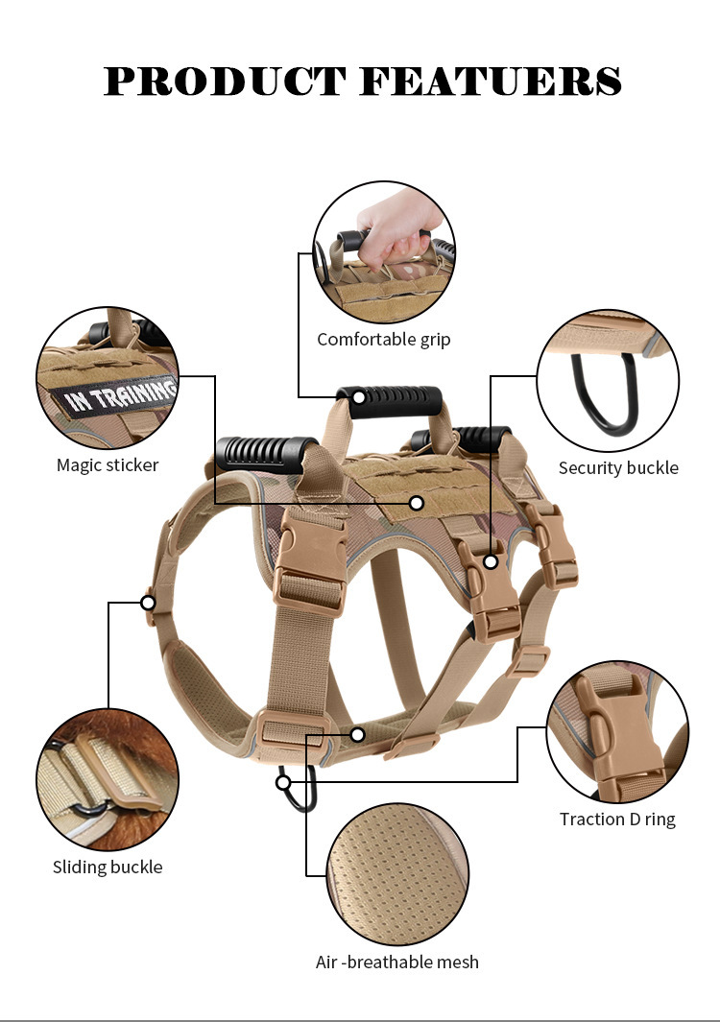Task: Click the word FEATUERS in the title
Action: pyautogui.click(x=491, y=82)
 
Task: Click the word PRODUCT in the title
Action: pyautogui.click(x=226, y=82)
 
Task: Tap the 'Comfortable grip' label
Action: pyautogui.click(x=383, y=339)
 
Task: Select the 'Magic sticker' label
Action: pyautogui.click(x=108, y=465)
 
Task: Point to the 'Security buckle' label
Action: pyautogui.click(x=618, y=468)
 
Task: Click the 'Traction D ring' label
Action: pyautogui.click(x=617, y=819)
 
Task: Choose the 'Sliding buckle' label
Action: pyautogui.click(x=108, y=867)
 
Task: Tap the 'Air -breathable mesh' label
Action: pyautogui.click(x=396, y=962)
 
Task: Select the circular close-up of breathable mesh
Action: pyautogui.click(x=397, y=873)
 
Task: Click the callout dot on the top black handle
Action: pyautogui.click(x=359, y=396)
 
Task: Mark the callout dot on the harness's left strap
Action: pyautogui.click(x=148, y=603)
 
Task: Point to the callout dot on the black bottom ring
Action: pyautogui.click(x=283, y=783)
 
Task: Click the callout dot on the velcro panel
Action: pyautogui.click(x=417, y=503)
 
